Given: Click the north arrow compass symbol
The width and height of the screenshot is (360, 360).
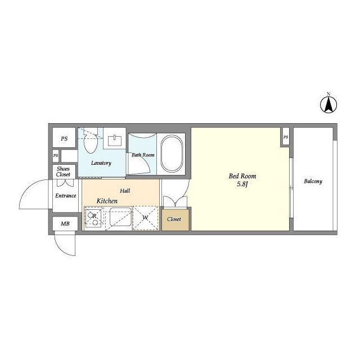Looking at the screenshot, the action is pyautogui.click(x=328, y=105).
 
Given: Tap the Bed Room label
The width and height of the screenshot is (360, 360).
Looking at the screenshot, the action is pyautogui.click(x=242, y=176).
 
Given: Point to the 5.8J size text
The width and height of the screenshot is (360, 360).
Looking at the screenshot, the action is pyautogui.click(x=242, y=184).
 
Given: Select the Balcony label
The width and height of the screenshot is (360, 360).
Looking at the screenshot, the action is pyautogui.click(x=313, y=181).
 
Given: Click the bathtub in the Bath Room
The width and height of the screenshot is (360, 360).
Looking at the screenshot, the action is pyautogui.click(x=172, y=154).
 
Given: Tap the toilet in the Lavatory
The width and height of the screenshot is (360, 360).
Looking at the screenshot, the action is pyautogui.click(x=91, y=141).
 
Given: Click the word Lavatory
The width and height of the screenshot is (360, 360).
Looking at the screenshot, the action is pyautogui.click(x=101, y=163).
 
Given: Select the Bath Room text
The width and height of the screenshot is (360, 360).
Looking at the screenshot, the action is pyautogui.click(x=143, y=155).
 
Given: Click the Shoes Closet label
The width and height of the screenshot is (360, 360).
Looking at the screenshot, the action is pyautogui.click(x=63, y=172).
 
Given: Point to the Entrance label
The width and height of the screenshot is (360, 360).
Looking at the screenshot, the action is pyautogui.click(x=66, y=196).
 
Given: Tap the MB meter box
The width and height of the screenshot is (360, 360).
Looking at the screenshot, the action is pyautogui.click(x=65, y=223).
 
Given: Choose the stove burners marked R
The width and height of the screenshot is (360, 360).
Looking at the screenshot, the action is pyautogui.click(x=94, y=217).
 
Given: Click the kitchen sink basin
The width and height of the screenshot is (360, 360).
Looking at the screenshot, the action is pyautogui.click(x=120, y=217).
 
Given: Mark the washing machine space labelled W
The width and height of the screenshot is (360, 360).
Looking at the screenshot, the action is pyautogui.click(x=146, y=218).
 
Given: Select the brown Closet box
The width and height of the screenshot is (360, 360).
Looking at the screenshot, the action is pyautogui.click(x=175, y=219).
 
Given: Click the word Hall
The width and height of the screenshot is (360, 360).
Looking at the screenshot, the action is pyautogui.click(x=125, y=191).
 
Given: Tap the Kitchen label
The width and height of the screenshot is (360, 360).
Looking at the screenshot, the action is pyautogui.click(x=107, y=201).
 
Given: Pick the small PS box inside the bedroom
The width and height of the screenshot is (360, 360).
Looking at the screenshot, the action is pyautogui.click(x=286, y=137).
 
